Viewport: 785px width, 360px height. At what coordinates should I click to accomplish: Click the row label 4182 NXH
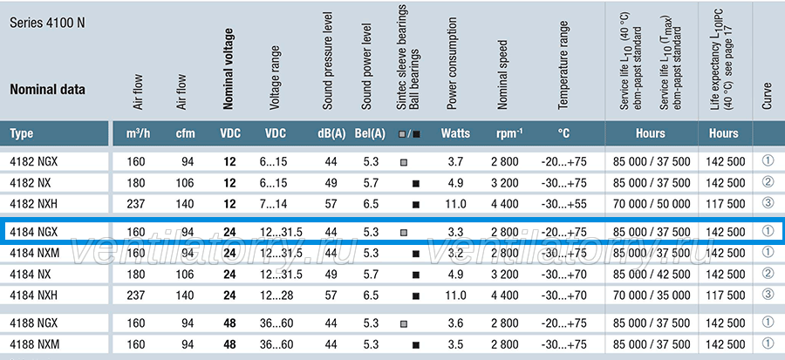pyautogui.click(x=33, y=204)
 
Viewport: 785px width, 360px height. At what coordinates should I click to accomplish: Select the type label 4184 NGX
pyautogui.click(x=33, y=232)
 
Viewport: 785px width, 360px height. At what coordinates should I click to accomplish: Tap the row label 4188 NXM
pyautogui.click(x=35, y=344)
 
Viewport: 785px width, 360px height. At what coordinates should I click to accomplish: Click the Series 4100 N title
pyautogui.click(x=48, y=24)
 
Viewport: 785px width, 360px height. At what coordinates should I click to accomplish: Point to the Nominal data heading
pyautogui.click(x=48, y=90)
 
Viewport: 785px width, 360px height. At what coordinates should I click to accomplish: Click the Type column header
pyautogui.click(x=22, y=133)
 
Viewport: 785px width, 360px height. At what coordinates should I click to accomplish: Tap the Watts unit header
pyautogui.click(x=455, y=133)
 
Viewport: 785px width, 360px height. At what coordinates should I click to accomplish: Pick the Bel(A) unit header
pyautogui.click(x=370, y=133)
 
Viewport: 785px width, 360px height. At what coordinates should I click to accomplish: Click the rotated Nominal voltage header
pyautogui.click(x=229, y=69)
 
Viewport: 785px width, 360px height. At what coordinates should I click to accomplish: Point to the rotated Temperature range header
pyautogui.click(x=563, y=65)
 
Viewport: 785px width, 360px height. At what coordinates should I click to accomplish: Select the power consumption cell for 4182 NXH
pyautogui.click(x=455, y=204)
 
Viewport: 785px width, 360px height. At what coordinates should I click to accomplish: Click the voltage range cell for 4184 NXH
pyautogui.click(x=276, y=295)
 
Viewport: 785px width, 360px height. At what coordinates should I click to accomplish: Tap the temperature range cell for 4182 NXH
pyautogui.click(x=563, y=204)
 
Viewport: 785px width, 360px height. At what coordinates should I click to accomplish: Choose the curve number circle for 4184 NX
pyautogui.click(x=768, y=274)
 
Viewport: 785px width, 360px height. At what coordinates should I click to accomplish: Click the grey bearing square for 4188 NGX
pyautogui.click(x=404, y=324)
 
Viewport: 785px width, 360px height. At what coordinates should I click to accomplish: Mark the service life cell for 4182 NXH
pyautogui.click(x=651, y=204)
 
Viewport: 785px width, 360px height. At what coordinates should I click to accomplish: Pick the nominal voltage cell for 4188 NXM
pyautogui.click(x=229, y=344)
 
